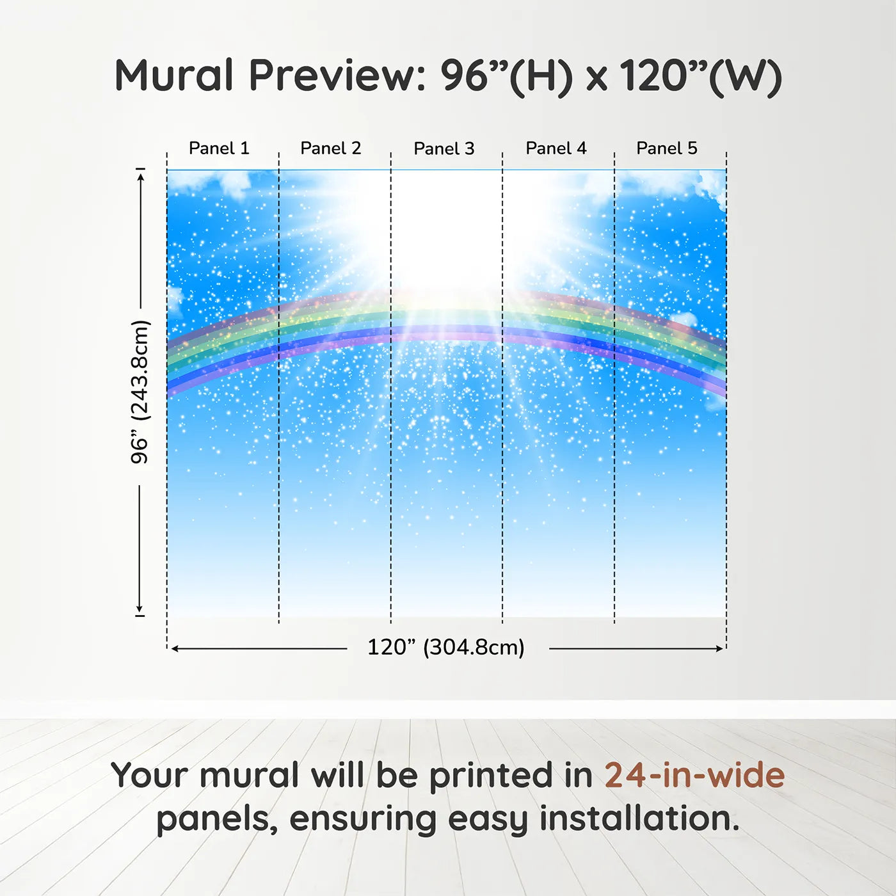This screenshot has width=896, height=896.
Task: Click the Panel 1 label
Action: [219, 148]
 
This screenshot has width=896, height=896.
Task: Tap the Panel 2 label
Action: [331, 148]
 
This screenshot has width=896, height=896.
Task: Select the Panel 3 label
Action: [444, 148]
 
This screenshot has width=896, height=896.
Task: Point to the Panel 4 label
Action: [556, 148]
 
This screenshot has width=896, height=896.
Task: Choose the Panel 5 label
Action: [667, 148]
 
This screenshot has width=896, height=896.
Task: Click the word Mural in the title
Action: [174, 75]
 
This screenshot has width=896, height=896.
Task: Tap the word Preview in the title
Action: [337, 76]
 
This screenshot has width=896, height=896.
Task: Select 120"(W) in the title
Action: [701, 76]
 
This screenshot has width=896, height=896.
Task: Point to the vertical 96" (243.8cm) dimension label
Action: [140, 392]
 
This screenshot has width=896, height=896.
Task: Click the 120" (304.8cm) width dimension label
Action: [446, 647]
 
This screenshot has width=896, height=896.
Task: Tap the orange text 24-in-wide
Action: [694, 775]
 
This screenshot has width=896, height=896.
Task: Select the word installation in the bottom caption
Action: [639, 818]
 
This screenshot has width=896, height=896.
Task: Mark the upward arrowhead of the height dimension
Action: [140, 175]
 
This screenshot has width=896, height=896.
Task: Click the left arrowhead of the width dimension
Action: [176, 648]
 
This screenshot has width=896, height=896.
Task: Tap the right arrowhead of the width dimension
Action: [718, 648]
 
